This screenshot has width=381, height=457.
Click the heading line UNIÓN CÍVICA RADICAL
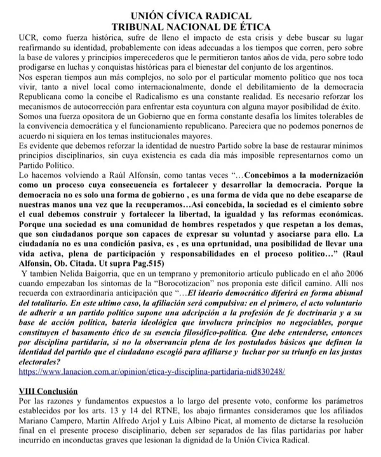tap(190, 15)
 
